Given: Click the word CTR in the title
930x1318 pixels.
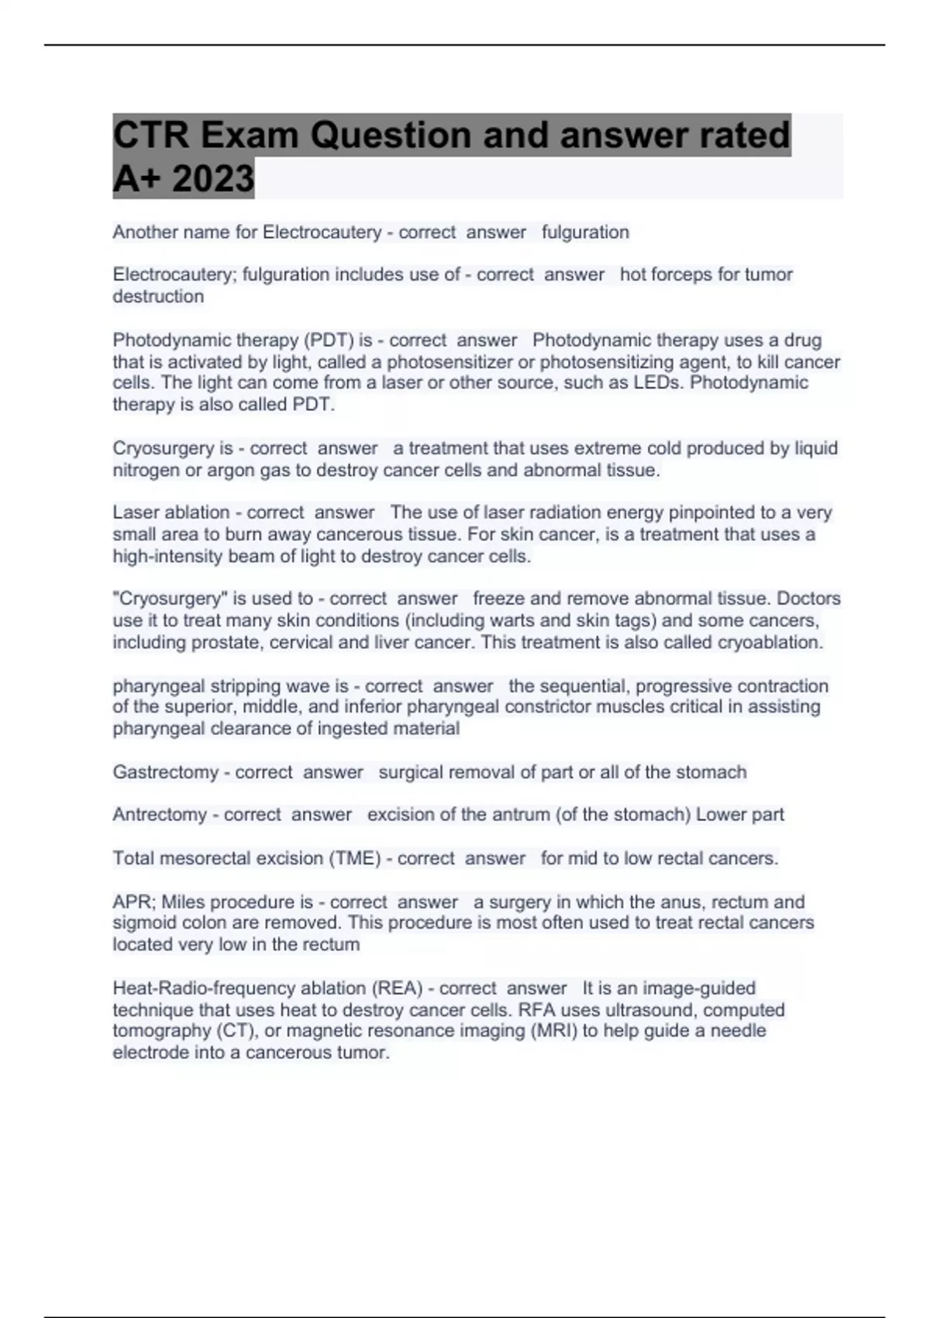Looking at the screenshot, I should (x=150, y=136).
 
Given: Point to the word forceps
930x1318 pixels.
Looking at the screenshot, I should (x=694, y=274).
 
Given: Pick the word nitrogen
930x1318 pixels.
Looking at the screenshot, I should (x=146, y=470).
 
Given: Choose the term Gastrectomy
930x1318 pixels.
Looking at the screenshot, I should (x=165, y=772).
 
